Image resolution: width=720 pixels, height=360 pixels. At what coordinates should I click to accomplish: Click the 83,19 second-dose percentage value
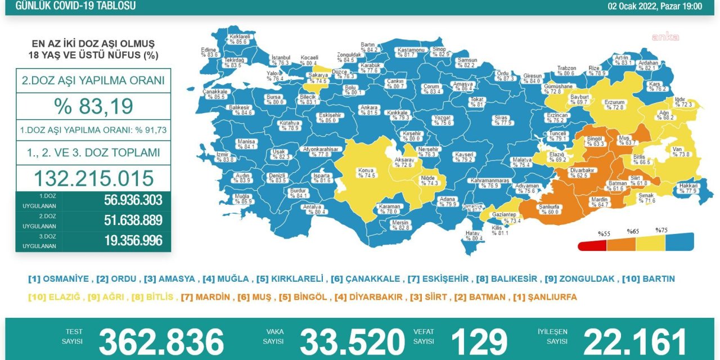pos(93,106)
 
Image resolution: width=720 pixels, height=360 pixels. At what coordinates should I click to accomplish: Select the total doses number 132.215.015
pos(93,178)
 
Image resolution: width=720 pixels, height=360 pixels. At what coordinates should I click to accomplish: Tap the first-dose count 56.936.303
pos(133,200)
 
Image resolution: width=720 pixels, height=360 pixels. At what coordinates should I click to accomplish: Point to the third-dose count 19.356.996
pos(133,241)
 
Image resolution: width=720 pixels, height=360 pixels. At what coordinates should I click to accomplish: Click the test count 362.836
pos(161,341)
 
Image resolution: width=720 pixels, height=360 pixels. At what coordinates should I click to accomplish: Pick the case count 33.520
pos(352,341)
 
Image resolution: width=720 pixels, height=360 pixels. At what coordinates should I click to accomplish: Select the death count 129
pos(479,341)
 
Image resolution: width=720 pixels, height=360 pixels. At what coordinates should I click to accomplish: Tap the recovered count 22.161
pos(635,341)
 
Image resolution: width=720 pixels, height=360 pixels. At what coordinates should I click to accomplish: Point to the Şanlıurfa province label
pos(548,208)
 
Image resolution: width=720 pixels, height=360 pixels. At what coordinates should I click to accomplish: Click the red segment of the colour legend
pos(592,246)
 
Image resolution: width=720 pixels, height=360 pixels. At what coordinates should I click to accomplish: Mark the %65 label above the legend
pos(633,231)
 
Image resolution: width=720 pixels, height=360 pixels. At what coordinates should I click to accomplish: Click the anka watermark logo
pos(665,37)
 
